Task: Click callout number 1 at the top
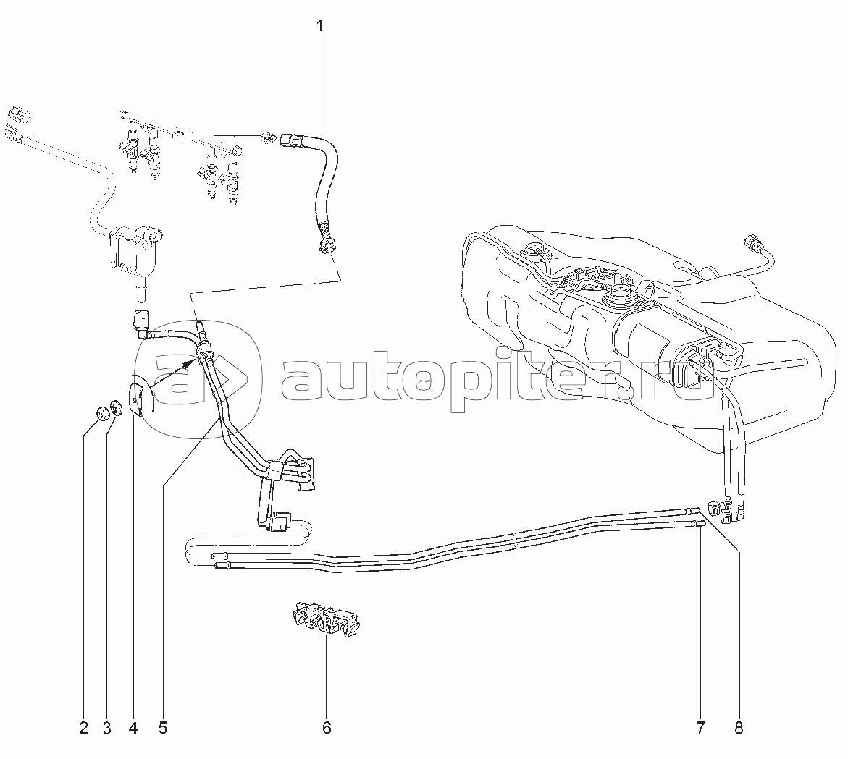click(x=319, y=25)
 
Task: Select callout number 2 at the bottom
click(x=84, y=728)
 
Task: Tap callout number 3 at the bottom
click(x=107, y=728)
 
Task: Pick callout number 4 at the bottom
click(x=133, y=728)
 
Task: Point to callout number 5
click(x=163, y=728)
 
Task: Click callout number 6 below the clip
click(x=327, y=728)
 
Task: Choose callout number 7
click(x=700, y=728)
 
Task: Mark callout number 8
click(x=739, y=728)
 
